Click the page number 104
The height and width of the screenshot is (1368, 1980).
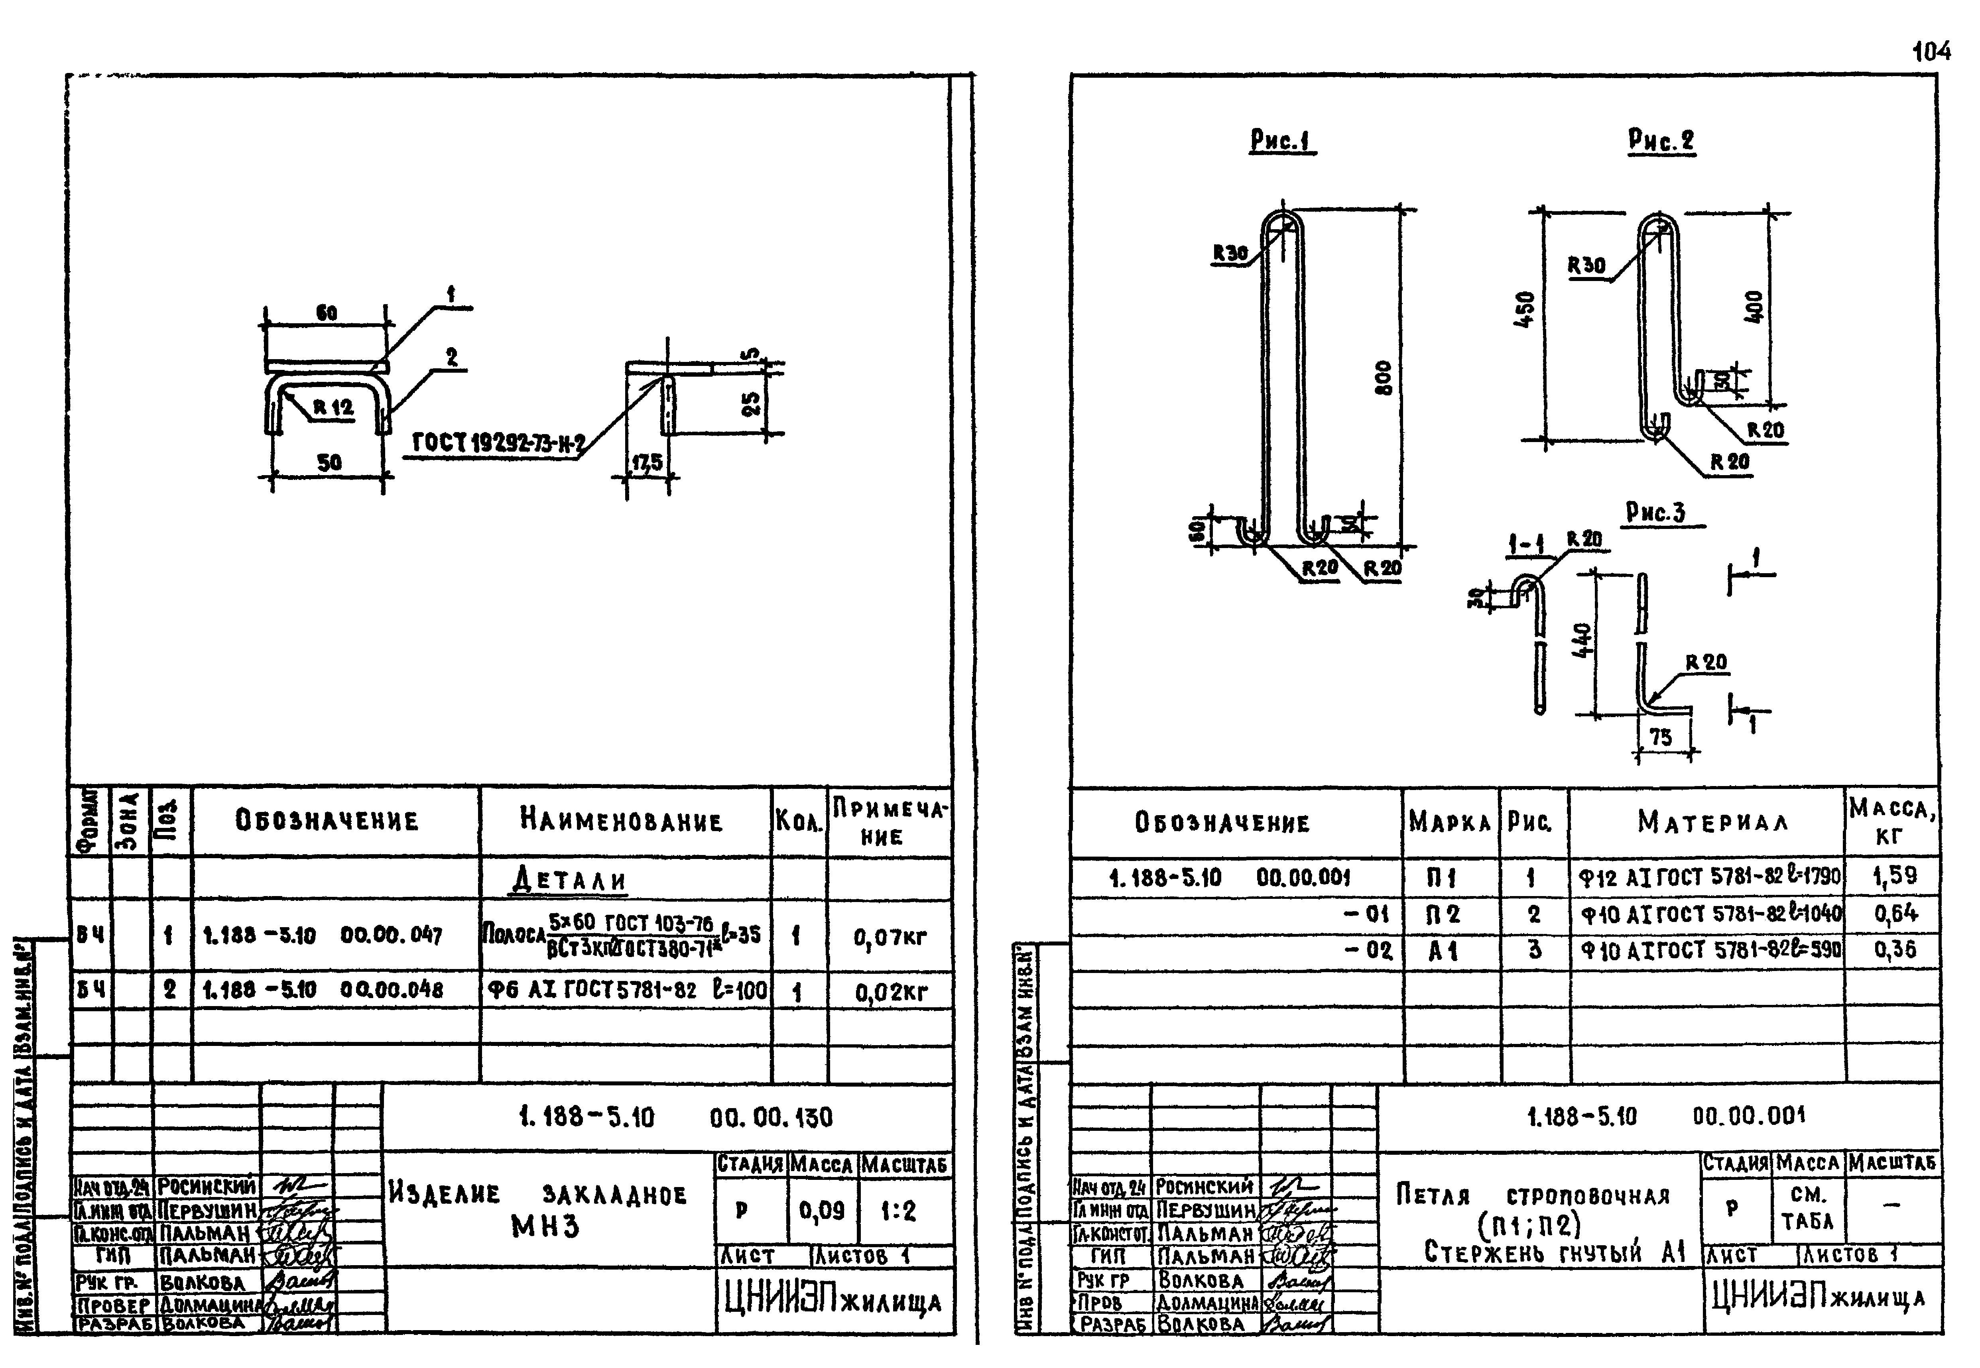coord(1931,52)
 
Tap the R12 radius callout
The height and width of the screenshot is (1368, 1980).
coord(333,407)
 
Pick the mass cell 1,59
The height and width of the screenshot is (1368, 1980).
coord(1893,876)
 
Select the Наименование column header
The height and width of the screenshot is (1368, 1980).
coord(622,821)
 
